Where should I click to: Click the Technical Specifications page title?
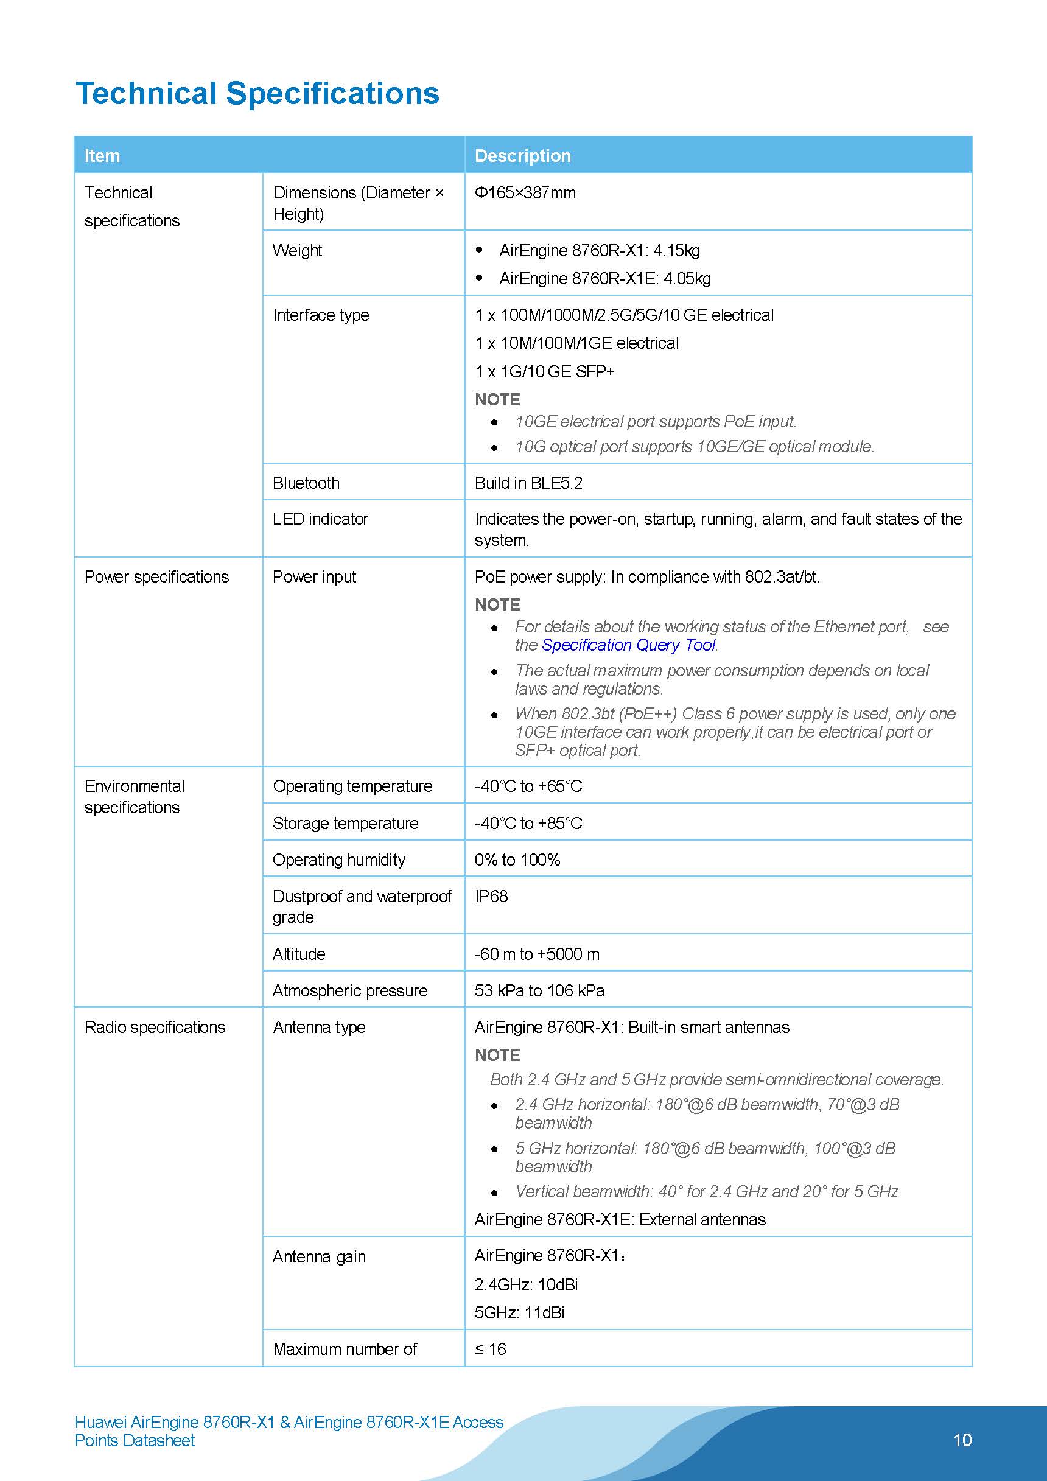257,94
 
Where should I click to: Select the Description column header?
522,155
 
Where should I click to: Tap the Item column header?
102,155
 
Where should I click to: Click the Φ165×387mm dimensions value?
525,193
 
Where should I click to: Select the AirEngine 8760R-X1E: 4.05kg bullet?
604,279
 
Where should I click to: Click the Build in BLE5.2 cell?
528,483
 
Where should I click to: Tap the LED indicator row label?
320,519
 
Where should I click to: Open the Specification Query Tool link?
628,645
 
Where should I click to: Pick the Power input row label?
314,576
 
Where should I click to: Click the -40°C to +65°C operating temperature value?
528,786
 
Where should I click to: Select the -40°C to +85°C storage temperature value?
528,823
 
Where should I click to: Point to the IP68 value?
491,896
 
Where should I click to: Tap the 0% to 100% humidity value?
517,860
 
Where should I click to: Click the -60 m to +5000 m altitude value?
537,954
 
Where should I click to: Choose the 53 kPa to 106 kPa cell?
539,991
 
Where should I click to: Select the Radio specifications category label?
155,1027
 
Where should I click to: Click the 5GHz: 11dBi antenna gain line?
519,1312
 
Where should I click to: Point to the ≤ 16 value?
490,1349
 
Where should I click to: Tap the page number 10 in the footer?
962,1440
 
